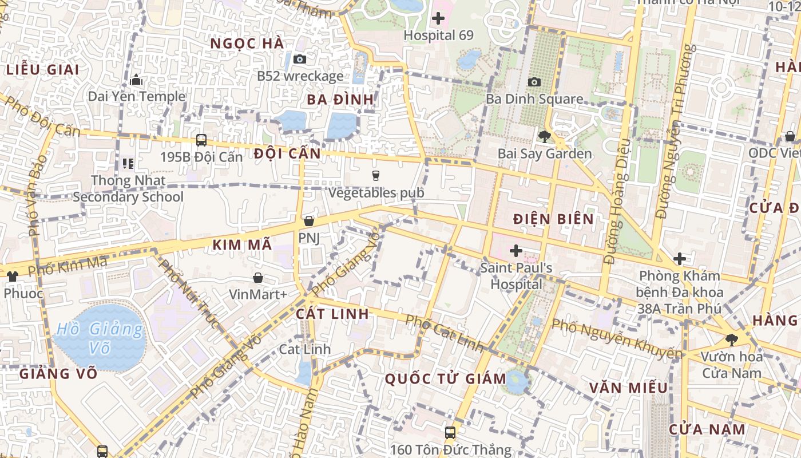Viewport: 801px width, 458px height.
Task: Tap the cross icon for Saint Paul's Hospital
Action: pos(516,251)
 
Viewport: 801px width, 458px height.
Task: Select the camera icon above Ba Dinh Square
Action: pos(534,82)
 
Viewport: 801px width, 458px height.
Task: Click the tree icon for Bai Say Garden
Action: pos(544,137)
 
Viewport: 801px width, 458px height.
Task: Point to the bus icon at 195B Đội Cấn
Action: pos(201,140)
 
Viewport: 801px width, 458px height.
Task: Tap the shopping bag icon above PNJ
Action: pos(309,221)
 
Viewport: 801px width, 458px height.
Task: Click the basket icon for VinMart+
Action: pos(258,278)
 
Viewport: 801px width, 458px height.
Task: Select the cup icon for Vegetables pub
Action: pos(376,176)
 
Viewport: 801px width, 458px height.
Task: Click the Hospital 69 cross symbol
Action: pos(438,18)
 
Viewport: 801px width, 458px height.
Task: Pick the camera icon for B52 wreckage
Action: pos(299,59)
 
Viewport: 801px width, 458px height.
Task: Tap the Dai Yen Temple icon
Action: pos(136,80)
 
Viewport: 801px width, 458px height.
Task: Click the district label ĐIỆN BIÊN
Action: pos(553,219)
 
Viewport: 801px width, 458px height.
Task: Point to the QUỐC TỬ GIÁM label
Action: pos(445,378)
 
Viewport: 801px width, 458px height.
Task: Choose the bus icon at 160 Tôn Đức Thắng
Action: pos(450,432)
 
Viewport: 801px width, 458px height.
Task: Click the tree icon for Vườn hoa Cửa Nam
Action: pos(731,339)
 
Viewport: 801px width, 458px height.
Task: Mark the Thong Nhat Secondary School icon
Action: pos(128,164)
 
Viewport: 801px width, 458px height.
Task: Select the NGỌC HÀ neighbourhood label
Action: pos(247,44)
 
